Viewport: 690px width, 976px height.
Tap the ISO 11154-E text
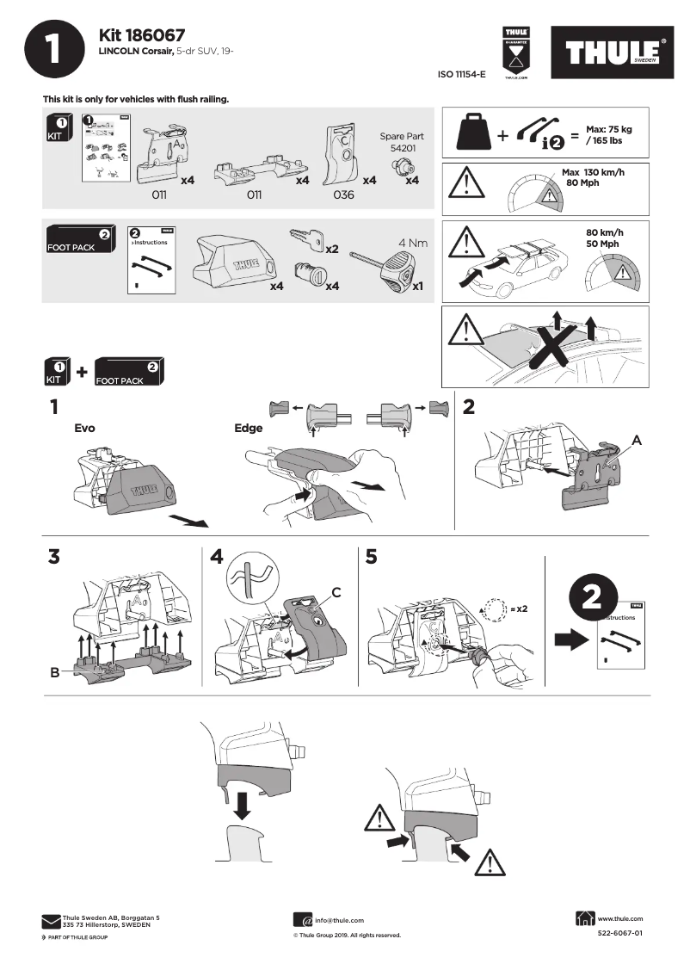[x=462, y=75]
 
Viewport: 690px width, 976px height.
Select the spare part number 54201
[x=401, y=149]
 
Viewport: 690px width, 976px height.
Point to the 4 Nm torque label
[x=412, y=243]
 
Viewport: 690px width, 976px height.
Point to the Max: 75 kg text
[x=608, y=129]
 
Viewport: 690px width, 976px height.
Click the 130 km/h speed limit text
[x=601, y=173]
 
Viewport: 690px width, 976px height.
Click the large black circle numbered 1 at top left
[x=54, y=50]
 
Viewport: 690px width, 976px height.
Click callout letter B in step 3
[x=54, y=672]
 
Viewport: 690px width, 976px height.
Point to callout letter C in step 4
[x=336, y=592]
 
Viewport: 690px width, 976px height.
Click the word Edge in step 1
[x=248, y=428]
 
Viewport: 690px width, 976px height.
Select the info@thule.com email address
[x=339, y=920]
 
